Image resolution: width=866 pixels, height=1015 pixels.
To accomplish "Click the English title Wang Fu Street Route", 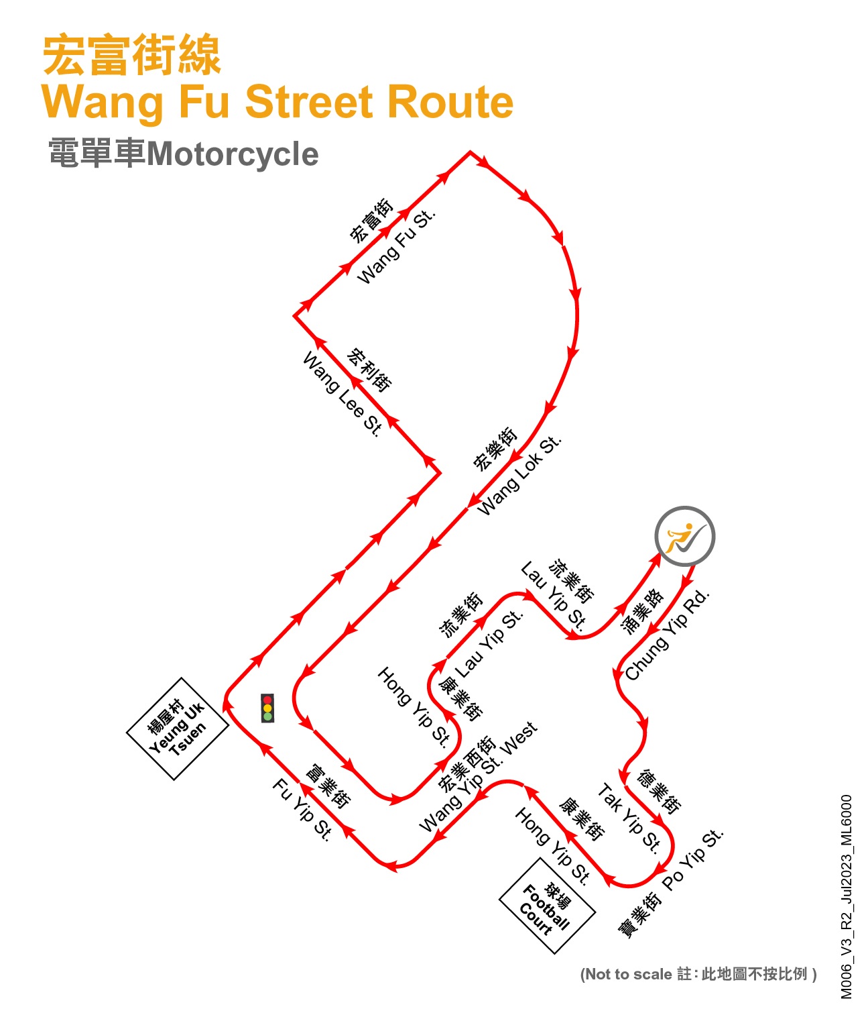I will pyautogui.click(x=277, y=102).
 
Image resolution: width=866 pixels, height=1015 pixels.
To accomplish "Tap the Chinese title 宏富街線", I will pyautogui.click(x=131, y=55).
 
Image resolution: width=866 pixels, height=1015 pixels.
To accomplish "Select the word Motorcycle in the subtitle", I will pyautogui.click(x=233, y=154).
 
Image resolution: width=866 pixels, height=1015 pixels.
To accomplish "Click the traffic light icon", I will pyautogui.click(x=267, y=708).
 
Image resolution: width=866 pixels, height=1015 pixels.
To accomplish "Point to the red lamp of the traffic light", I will pyautogui.click(x=267, y=700).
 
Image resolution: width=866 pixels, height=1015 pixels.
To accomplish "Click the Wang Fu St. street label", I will pyautogui.click(x=396, y=247).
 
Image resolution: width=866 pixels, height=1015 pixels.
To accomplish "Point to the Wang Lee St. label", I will pyautogui.click(x=343, y=394).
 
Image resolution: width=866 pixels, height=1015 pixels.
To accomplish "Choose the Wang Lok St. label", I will pyautogui.click(x=519, y=475).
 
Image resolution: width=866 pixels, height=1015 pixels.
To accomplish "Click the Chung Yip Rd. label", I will pyautogui.click(x=667, y=635).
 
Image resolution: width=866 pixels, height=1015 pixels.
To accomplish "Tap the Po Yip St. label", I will pyautogui.click(x=693, y=859).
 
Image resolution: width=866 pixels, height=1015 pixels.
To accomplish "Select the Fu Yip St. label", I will pyautogui.click(x=302, y=810).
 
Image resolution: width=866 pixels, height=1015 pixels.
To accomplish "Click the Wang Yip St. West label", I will pyautogui.click(x=477, y=778).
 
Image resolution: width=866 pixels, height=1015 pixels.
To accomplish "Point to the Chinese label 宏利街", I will pyautogui.click(x=369, y=370).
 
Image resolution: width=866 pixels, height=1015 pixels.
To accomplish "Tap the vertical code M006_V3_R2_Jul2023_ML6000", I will pyautogui.click(x=847, y=897).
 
